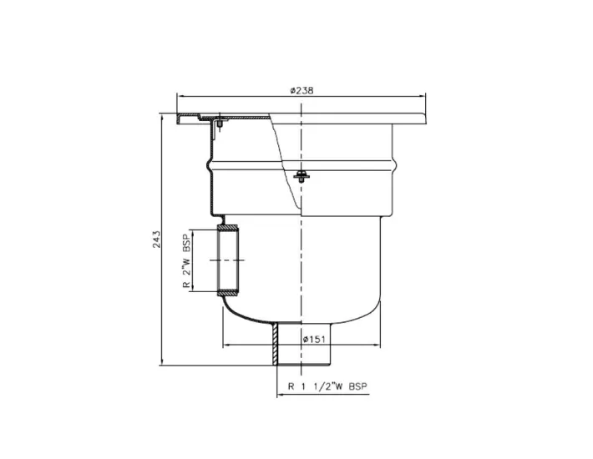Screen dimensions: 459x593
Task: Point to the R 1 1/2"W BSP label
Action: coord(327,386)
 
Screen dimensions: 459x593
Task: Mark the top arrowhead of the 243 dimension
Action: coord(164,117)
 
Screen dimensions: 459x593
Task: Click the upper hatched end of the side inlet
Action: coord(228,228)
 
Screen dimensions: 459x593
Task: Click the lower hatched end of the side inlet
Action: coord(228,293)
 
